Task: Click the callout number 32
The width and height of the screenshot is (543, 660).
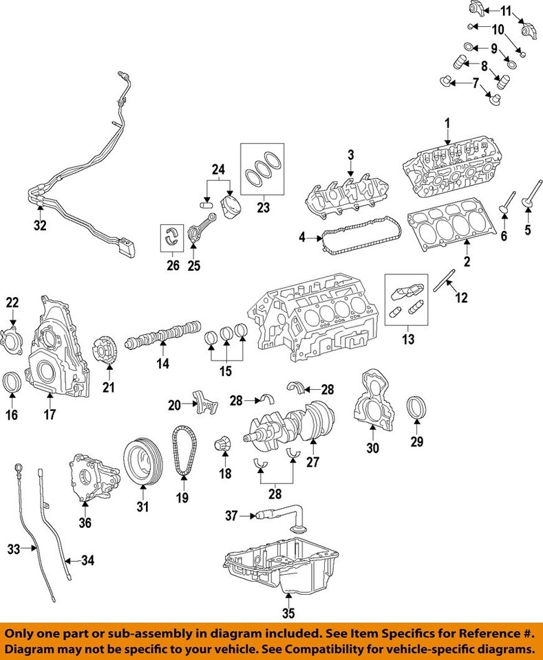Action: (x=41, y=225)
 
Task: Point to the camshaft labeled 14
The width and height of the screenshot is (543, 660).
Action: (x=162, y=336)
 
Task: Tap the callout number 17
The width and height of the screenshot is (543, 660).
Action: (x=50, y=415)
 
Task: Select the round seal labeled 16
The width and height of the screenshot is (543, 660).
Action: (x=12, y=384)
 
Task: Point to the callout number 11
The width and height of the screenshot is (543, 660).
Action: (x=506, y=10)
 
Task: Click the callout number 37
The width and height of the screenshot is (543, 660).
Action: (x=232, y=515)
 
